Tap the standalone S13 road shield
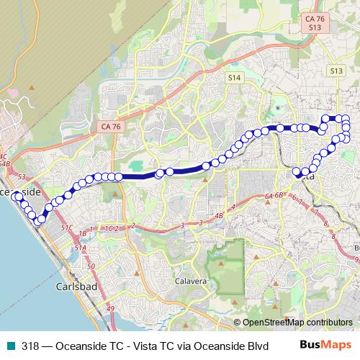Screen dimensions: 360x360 coord(336,71)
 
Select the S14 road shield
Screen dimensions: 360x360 coord(233,76)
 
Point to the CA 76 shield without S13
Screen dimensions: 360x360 coord(106,126)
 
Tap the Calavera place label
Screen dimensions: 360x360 coord(191,281)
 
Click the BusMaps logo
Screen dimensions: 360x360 coord(329,344)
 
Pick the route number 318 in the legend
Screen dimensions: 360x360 coord(30,345)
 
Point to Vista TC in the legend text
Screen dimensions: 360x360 coord(144,345)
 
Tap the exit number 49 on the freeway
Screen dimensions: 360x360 coord(111,309)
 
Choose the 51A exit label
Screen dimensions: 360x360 coord(80,248)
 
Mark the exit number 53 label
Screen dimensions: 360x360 coord(21,176)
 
